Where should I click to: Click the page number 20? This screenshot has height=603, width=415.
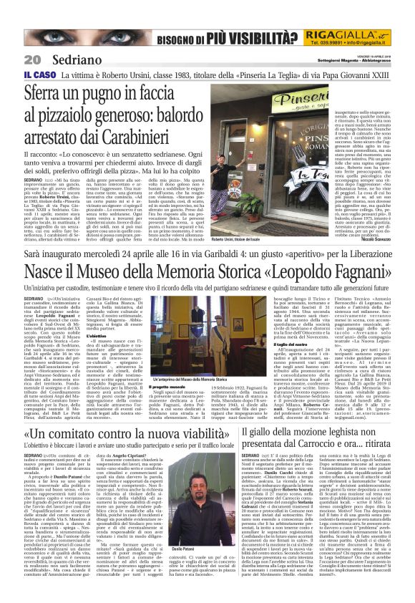pos(14,59)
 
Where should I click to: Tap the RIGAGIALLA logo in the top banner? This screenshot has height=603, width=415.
pos(337,36)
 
